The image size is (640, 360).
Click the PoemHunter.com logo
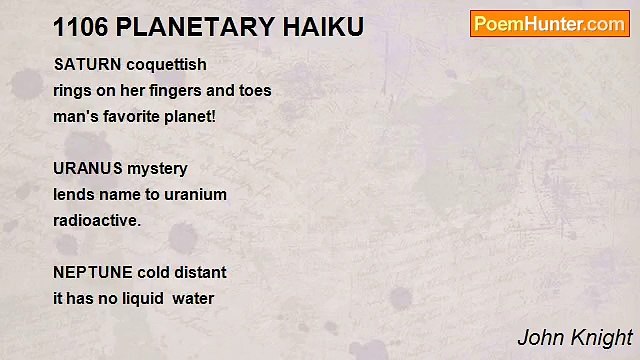pos(549,24)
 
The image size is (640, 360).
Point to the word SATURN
pos(86,65)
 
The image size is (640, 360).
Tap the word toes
pos(254,91)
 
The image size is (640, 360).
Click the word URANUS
pos(87,169)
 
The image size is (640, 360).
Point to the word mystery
pos(156,169)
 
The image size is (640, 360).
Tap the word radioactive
pos(97,221)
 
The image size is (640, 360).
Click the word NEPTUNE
pos(91,273)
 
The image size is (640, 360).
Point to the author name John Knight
pos(574,338)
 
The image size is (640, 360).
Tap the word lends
pos(72,195)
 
